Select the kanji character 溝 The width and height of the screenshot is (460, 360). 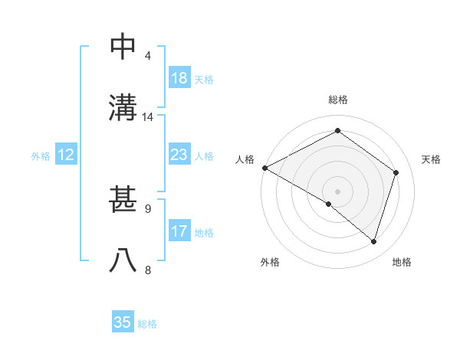tap(123, 107)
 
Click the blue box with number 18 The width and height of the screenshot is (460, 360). tap(179, 78)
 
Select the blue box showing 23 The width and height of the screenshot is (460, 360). tap(179, 155)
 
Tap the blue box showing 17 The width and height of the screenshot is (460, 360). tap(179, 231)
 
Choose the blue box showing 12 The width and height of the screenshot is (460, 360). tap(66, 155)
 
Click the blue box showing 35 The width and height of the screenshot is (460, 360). tap(123, 322)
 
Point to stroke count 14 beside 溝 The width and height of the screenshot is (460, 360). tap(148, 117)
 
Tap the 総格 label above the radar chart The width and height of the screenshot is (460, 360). tap(338, 100)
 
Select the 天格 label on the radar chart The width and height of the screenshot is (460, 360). tap(431, 159)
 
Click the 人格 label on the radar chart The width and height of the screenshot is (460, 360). tap(245, 159)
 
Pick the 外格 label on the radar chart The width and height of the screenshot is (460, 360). tap(270, 262)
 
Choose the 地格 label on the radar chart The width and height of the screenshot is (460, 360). tap(402, 262)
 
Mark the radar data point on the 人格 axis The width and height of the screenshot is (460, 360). tap(264, 168)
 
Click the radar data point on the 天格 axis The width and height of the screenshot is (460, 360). tap(396, 172)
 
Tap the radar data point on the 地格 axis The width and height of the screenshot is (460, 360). tap(373, 241)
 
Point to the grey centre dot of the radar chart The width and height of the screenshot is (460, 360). tap(337, 191)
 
